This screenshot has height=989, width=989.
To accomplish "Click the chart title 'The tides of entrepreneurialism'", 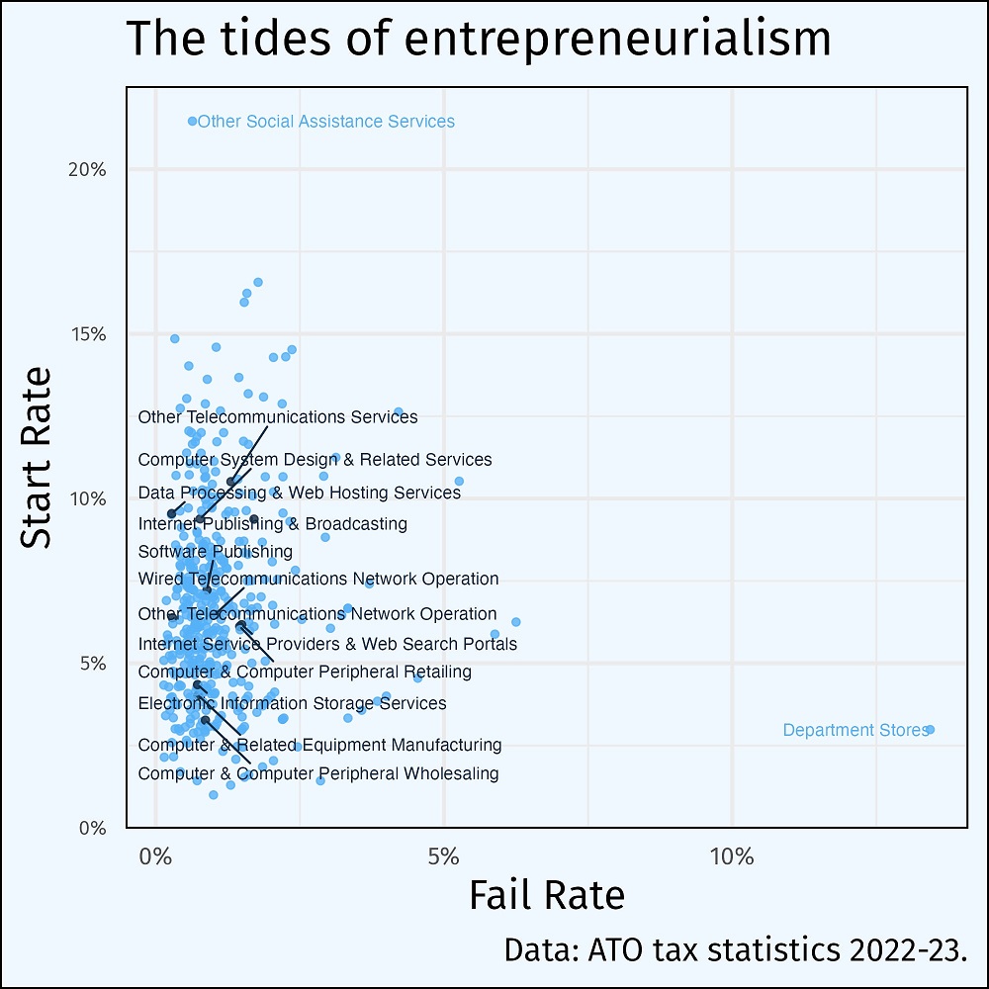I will pos(479,40).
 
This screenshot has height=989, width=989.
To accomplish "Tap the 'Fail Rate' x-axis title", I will pos(546,894).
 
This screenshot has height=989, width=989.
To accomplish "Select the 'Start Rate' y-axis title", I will pos(38,457).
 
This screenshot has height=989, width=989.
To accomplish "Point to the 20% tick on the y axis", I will pos(87,169).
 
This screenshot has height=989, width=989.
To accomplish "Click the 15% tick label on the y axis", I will pos(87,333).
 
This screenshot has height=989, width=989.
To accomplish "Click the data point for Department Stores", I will pos(930,730).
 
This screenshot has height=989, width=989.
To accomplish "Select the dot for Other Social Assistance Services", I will pos(193,121).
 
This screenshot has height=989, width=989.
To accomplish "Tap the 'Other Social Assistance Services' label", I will pos(326,122).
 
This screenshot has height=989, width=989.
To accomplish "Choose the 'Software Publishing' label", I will pos(216,551).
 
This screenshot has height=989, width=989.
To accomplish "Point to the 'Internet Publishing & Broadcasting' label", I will pos(272,523).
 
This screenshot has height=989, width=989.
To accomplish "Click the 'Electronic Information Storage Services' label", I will pos(292,703).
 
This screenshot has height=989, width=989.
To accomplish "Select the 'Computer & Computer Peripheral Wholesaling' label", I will pos(318,773).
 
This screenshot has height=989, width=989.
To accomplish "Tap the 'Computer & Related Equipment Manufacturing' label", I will pos(319,745).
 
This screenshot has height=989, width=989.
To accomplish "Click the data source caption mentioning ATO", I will pos(735,949).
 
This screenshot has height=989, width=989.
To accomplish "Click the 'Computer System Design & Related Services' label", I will pos(315,460).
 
